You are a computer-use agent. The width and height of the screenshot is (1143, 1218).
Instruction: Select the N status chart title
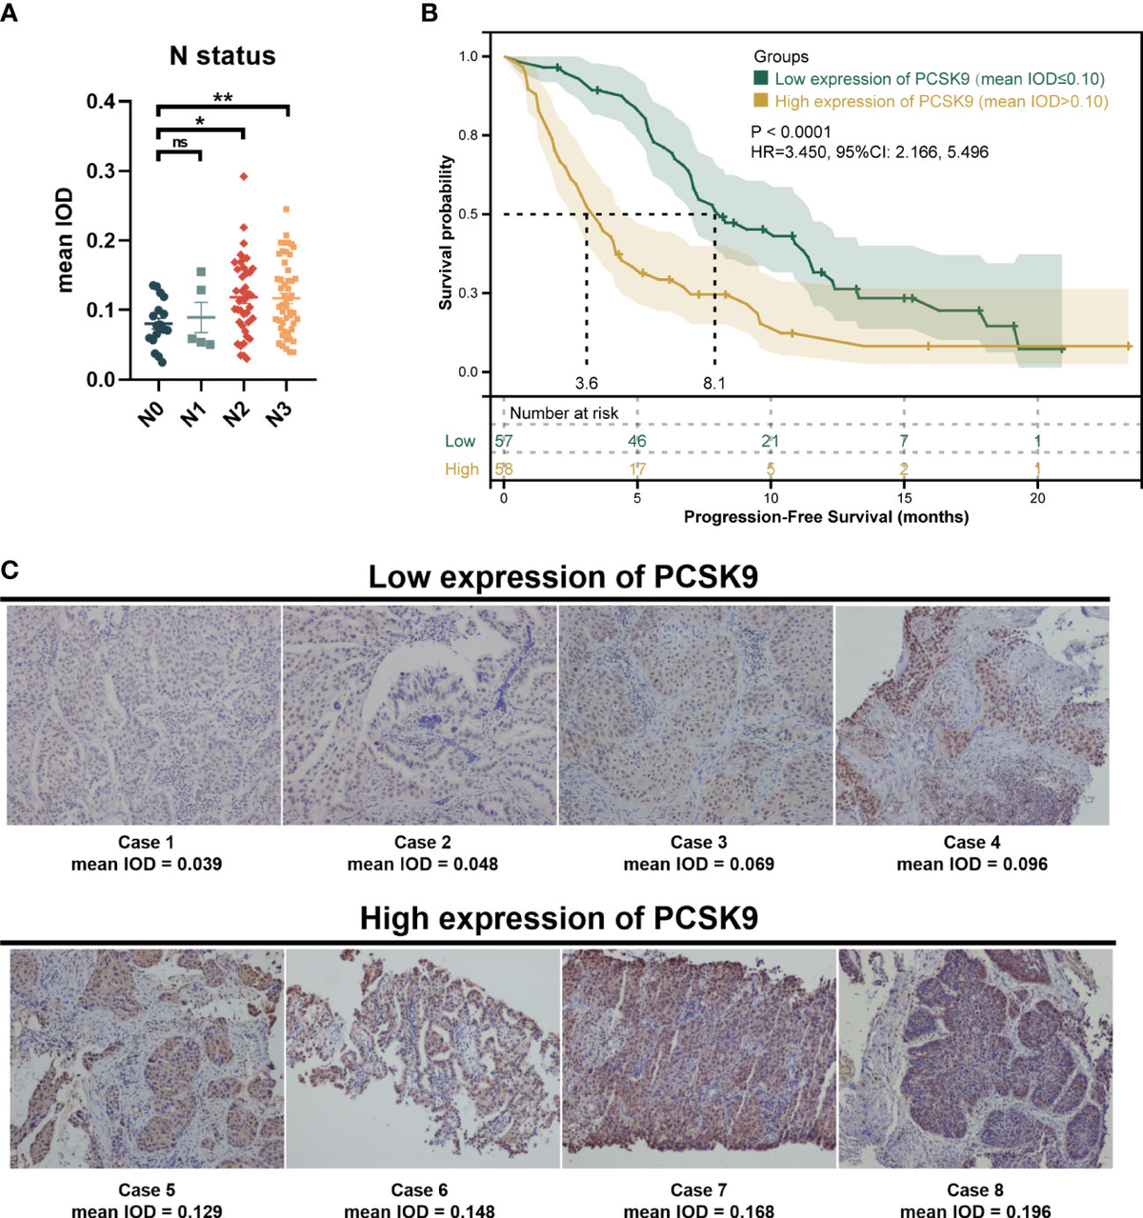pyautogui.click(x=222, y=56)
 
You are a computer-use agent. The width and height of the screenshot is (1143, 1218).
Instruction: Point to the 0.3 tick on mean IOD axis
pyautogui.click(x=100, y=171)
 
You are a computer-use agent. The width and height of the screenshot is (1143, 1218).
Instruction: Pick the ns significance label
pyautogui.click(x=180, y=143)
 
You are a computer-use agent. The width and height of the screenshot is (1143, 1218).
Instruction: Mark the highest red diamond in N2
pyautogui.click(x=244, y=176)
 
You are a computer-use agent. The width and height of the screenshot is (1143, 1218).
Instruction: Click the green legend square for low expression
pyautogui.click(x=761, y=79)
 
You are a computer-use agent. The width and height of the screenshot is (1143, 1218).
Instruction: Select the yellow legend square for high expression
pyautogui.click(x=761, y=101)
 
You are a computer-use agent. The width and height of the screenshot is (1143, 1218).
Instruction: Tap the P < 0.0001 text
pyautogui.click(x=791, y=132)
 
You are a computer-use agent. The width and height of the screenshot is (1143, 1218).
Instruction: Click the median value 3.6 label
pyautogui.click(x=586, y=384)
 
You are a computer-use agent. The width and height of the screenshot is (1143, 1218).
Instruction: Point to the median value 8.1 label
pyautogui.click(x=713, y=384)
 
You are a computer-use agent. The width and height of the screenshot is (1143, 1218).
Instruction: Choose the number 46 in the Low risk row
pyautogui.click(x=636, y=441)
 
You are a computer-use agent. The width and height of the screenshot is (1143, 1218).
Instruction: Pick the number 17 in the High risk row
pyautogui.click(x=636, y=469)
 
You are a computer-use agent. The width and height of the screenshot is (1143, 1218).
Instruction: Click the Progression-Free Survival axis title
pyautogui.click(x=826, y=517)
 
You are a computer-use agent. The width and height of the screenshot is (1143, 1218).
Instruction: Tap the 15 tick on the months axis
pyautogui.click(x=904, y=498)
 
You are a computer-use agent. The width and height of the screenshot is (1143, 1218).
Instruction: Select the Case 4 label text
pyautogui.click(x=972, y=842)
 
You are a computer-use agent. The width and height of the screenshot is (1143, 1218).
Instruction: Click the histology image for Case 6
pyautogui.click(x=422, y=1059)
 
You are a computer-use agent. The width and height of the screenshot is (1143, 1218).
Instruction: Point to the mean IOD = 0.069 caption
pyautogui.click(x=698, y=865)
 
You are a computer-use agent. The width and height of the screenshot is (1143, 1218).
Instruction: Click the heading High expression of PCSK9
pyautogui.click(x=558, y=918)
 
